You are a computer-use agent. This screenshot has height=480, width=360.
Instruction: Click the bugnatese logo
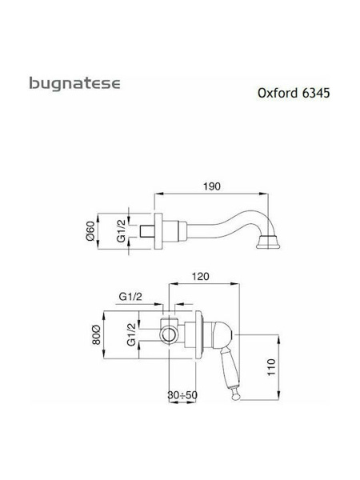pos(74,83)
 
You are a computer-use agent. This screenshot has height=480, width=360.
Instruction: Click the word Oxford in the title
pos(278,93)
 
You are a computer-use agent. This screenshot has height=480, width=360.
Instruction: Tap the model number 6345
pos(316,93)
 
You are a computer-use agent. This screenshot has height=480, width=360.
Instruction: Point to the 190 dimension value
pos(212,186)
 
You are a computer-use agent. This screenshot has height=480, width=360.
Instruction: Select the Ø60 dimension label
pos(90,231)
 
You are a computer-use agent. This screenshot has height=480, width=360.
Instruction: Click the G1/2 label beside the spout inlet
pos(122,231)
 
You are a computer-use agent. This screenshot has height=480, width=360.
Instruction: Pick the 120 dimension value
pos(201,277)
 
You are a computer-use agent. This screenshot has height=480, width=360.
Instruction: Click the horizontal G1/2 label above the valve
pos(130,296)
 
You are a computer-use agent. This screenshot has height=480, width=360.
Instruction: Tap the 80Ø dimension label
pos(96,335)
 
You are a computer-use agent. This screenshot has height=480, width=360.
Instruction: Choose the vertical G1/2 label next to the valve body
pos(131,334)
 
